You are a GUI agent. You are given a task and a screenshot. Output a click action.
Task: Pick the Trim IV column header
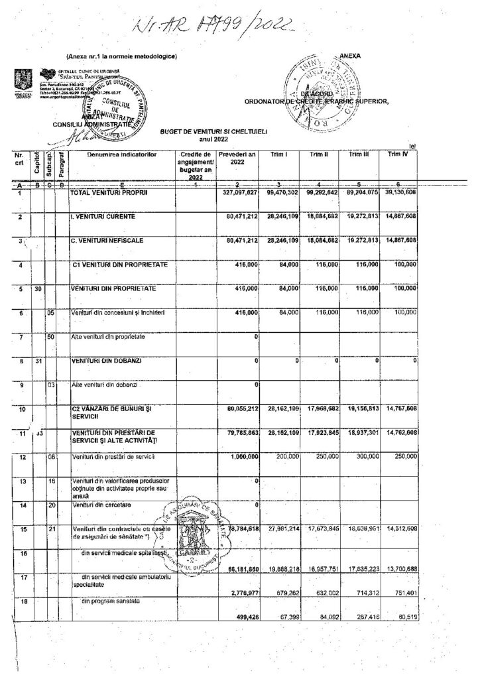tap(398, 154)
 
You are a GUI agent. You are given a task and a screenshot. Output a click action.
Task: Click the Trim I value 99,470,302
tap(277, 192)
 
